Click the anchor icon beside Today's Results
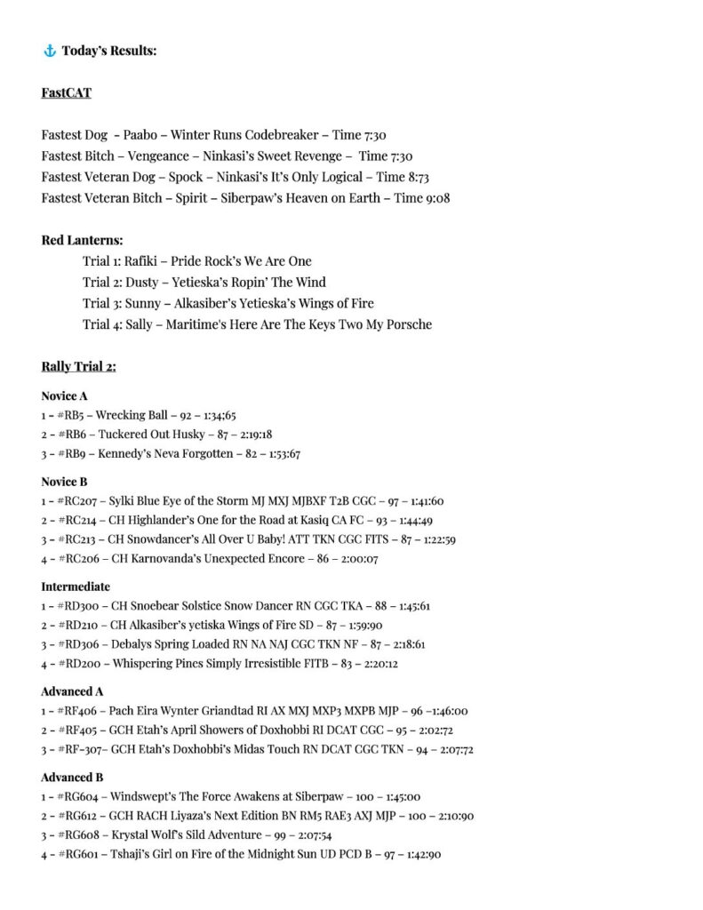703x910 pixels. click(x=50, y=51)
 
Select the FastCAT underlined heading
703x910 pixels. click(x=67, y=92)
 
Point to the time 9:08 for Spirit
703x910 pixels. click(x=435, y=197)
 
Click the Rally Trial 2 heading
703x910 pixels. click(x=78, y=366)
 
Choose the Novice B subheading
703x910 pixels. click(x=65, y=482)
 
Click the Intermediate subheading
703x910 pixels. click(x=76, y=587)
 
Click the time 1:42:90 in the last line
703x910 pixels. click(x=421, y=855)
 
